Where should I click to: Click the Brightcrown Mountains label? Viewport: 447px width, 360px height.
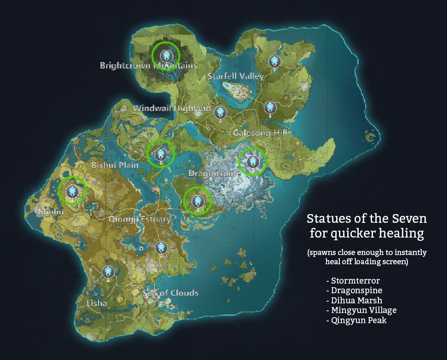point(148,65)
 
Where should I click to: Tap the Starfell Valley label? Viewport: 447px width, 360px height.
point(235,76)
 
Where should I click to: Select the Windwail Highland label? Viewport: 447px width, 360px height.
point(172,108)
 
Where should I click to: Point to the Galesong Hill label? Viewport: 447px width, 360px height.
point(260,133)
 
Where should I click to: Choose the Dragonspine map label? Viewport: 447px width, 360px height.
point(215,174)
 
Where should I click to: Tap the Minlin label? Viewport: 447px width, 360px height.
point(48,212)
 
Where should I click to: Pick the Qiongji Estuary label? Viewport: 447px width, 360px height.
point(139,219)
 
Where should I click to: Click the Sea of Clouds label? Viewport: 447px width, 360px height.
point(171,293)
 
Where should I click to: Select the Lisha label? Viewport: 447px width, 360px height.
point(97,303)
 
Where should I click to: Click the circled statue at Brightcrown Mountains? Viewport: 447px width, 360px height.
point(166,56)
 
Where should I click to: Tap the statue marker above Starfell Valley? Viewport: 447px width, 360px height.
point(275,61)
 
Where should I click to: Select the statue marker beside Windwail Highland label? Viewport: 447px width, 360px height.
point(221,112)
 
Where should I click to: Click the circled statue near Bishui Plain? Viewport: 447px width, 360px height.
point(160,154)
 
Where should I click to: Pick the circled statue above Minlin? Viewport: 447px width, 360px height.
point(72,191)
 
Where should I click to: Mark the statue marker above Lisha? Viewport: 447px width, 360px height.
point(109,272)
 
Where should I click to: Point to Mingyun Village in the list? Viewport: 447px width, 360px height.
point(363,310)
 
